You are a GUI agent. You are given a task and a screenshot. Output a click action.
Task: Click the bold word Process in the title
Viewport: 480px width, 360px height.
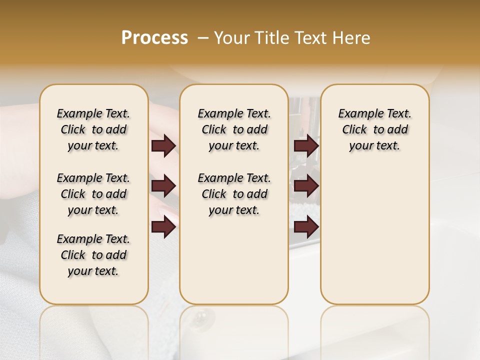(154, 38)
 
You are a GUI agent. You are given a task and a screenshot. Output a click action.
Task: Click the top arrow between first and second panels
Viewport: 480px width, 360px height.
(163, 145)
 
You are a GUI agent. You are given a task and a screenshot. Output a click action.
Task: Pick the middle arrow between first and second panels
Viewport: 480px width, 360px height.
(163, 186)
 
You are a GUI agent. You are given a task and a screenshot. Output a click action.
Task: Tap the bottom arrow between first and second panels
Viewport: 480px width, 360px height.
(163, 227)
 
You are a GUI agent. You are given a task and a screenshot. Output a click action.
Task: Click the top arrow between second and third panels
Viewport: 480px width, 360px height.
(306, 145)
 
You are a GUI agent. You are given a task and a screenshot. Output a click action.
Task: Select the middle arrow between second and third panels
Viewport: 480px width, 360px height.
(306, 186)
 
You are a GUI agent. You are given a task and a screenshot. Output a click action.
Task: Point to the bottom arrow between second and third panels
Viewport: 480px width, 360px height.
(306, 227)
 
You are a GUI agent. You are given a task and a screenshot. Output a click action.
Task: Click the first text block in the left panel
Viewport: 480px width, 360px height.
(93, 129)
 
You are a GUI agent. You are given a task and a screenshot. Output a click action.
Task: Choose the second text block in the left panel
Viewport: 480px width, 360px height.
(93, 194)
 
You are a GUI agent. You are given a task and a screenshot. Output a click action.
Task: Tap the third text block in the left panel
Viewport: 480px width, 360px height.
(93, 255)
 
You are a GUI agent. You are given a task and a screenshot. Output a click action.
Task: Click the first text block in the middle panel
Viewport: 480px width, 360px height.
(234, 129)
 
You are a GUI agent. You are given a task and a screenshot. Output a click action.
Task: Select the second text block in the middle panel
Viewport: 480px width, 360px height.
(234, 194)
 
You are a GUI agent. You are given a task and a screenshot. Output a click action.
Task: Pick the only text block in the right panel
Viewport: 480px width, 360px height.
(375, 129)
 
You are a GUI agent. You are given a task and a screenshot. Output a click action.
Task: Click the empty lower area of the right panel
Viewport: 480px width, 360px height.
(375, 235)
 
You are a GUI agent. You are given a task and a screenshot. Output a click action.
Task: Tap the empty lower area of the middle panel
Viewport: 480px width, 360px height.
(234, 260)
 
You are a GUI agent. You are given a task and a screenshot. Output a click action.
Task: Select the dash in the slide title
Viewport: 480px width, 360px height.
(203, 38)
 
